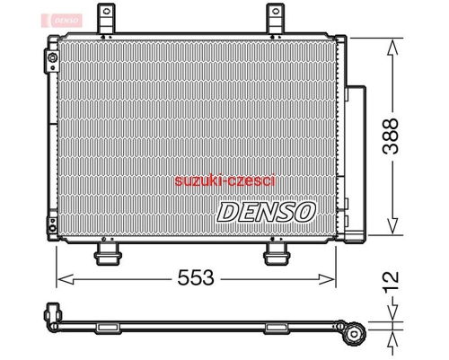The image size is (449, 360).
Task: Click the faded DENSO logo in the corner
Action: (62, 21)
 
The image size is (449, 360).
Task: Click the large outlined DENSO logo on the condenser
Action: (266, 212)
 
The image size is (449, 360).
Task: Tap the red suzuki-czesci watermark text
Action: (224, 181)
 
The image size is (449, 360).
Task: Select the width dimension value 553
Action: (196, 277)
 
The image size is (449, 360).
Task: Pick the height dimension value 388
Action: (391, 136)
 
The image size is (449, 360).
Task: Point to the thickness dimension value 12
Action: (391, 280)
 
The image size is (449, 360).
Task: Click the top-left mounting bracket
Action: (107, 19)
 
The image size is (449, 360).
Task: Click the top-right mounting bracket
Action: (276, 19)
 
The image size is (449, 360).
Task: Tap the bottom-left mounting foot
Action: (108, 254)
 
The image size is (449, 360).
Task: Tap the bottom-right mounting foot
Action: (277, 254)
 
